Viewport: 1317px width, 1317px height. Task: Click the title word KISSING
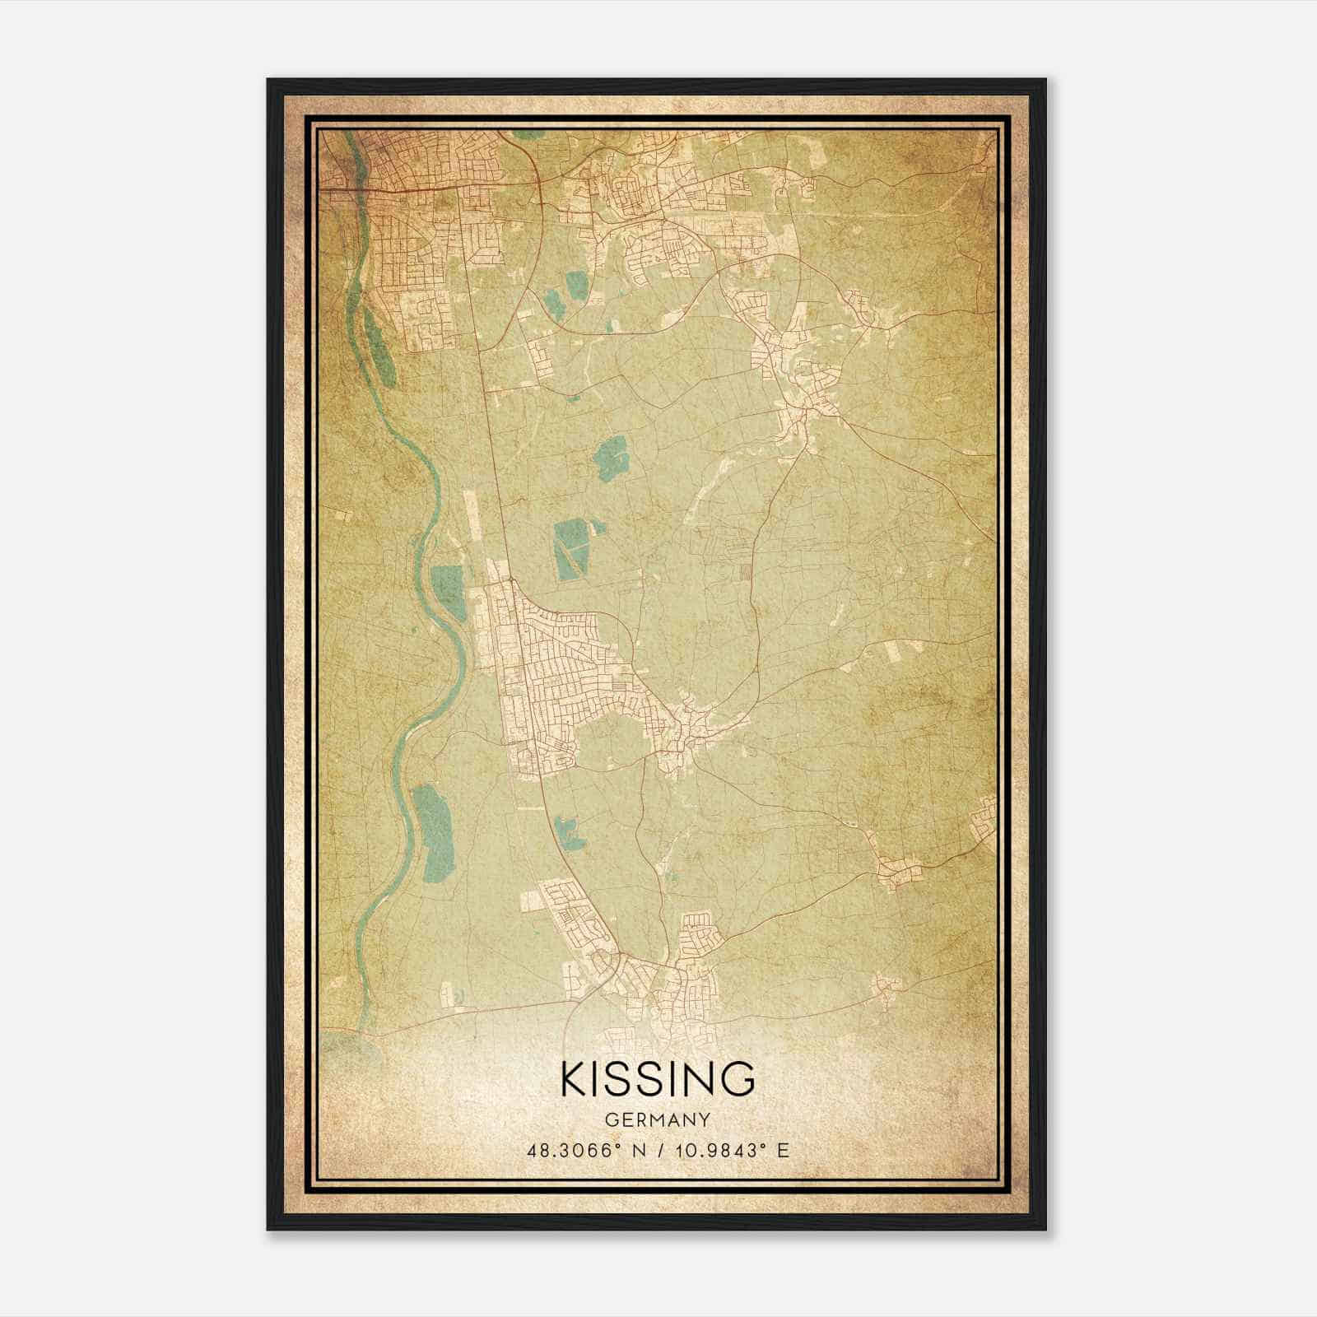[x=658, y=1079]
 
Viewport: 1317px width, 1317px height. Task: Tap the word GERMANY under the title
[x=658, y=1119]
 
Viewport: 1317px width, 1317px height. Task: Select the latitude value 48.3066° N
[x=584, y=1150]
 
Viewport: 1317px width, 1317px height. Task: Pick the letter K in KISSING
[x=574, y=1079]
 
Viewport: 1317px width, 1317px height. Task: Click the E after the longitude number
[x=784, y=1150]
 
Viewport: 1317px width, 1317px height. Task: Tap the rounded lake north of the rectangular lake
[x=612, y=457]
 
